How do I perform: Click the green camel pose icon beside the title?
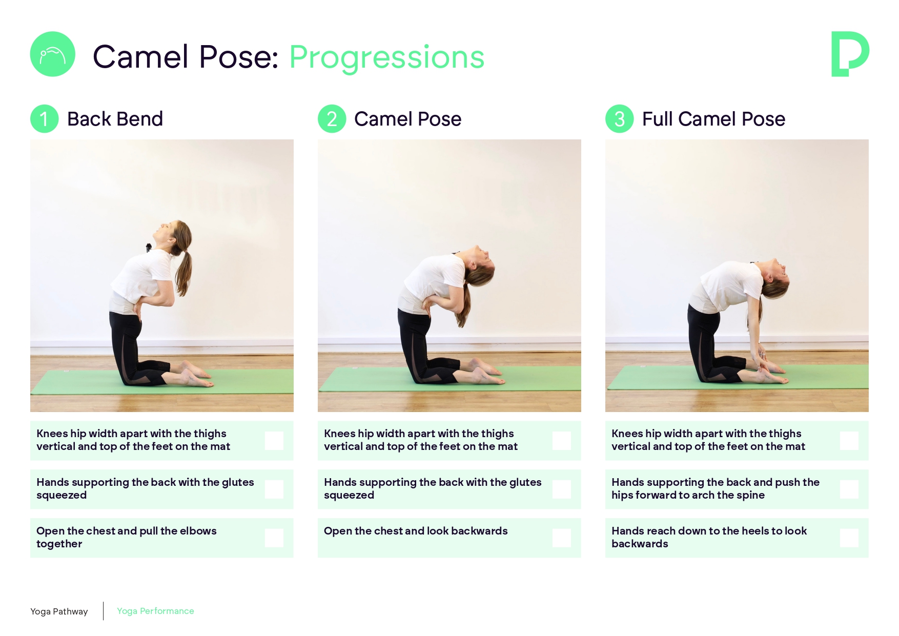53,54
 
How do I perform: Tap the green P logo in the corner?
849,54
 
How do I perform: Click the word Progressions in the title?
387,57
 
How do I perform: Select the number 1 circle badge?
45,119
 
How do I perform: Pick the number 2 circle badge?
332,119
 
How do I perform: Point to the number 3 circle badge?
620,119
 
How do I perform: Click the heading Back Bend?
115,119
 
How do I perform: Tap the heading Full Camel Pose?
713,119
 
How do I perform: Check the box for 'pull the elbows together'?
274,538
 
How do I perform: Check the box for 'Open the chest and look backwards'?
562,538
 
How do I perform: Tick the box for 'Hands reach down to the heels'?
849,538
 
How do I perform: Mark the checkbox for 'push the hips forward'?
849,489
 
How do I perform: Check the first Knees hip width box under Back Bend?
274,440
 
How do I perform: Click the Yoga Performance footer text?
155,611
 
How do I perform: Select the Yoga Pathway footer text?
59,611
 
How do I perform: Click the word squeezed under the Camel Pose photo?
349,496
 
